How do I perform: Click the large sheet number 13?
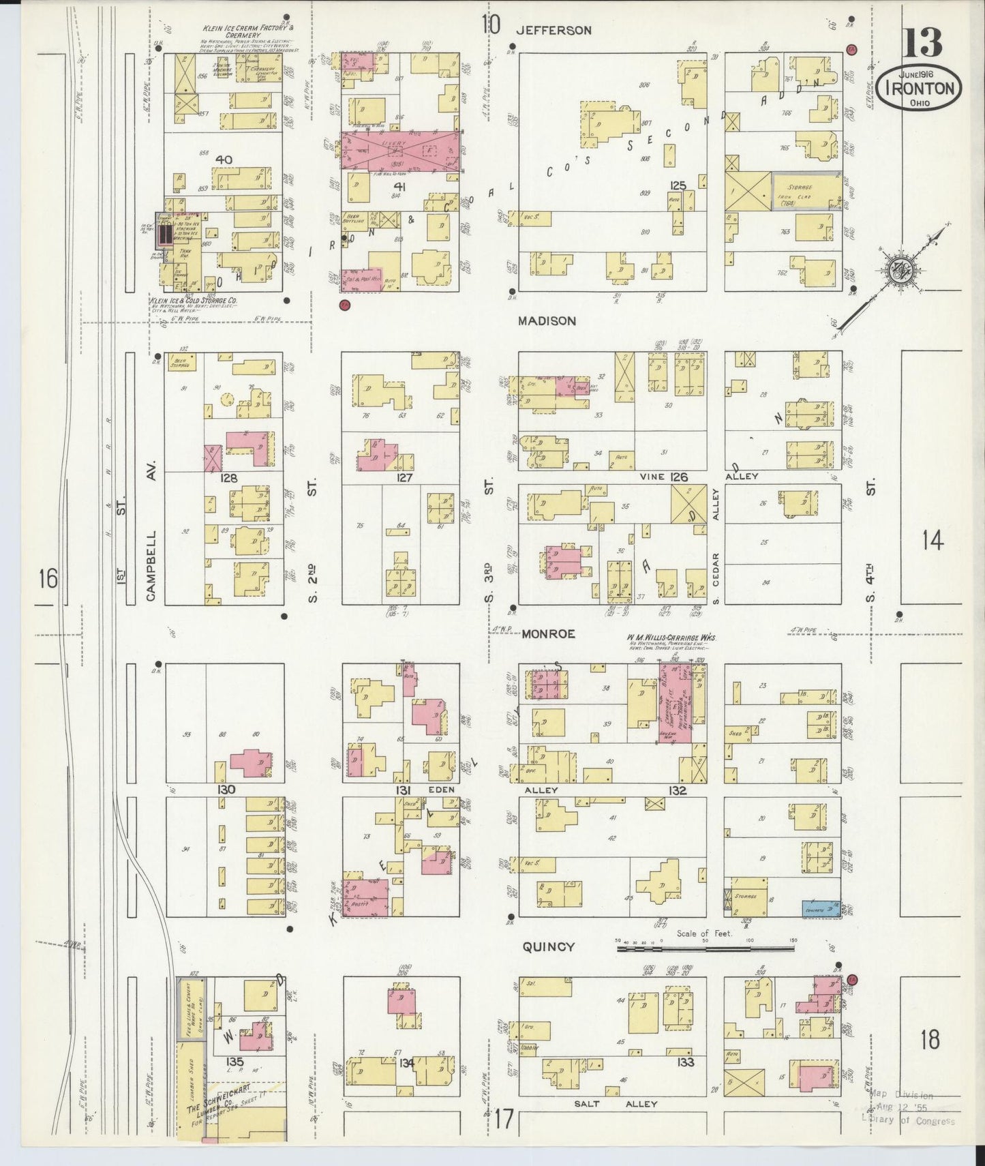coord(923,43)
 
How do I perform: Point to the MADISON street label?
coord(546,320)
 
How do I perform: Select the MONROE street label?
coord(548,633)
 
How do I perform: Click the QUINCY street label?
coord(549,946)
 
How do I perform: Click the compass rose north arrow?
coord(898,267)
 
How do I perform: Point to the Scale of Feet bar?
coord(706,947)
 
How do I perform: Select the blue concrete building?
coord(820,908)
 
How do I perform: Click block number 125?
coord(677,186)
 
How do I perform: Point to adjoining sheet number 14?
coord(932,541)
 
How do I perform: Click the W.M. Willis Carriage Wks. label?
coord(671,638)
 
